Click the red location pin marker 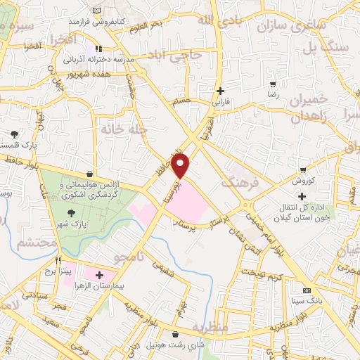(x=181, y=166)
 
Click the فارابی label (x=221, y=102)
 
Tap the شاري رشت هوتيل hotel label (x=174, y=345)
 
